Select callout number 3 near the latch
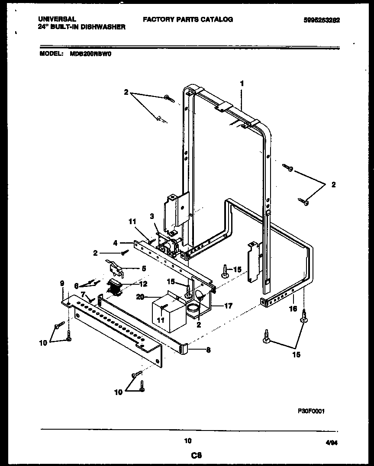(x=152, y=216)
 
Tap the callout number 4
(x=116, y=243)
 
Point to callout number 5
(x=143, y=268)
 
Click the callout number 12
(x=143, y=284)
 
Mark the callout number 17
(x=228, y=306)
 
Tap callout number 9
(x=62, y=284)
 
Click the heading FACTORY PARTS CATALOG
(x=188, y=19)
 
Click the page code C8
(x=187, y=455)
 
